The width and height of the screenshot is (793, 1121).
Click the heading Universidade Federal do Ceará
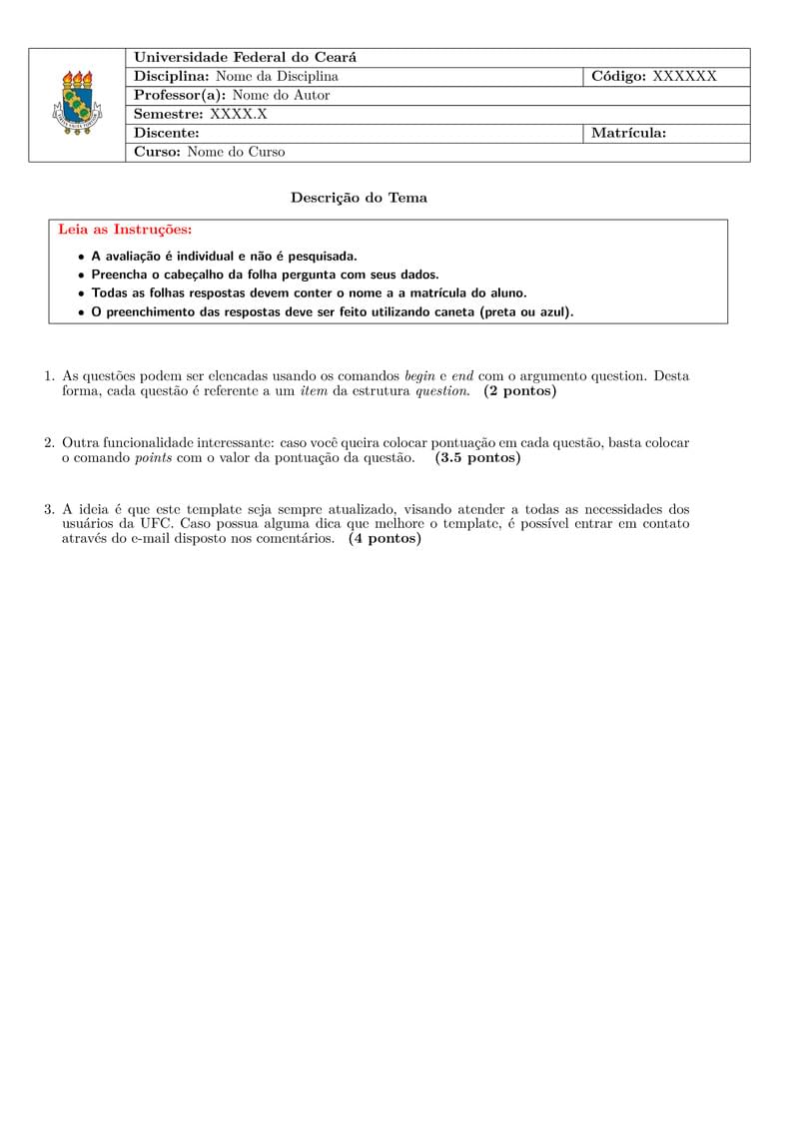tap(245, 58)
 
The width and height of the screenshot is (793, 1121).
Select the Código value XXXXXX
tap(684, 77)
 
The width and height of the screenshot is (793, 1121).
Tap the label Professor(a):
tap(181, 96)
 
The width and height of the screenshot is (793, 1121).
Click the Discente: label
tap(167, 133)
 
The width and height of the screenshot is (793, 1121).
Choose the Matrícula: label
tap(628, 133)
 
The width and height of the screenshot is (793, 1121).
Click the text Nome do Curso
tap(236, 153)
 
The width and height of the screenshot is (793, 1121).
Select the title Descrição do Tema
tap(359, 198)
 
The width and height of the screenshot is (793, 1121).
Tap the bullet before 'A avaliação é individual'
tap(81, 257)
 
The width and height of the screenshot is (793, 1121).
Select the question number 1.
tap(48, 376)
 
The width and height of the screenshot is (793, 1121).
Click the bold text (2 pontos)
tap(519, 391)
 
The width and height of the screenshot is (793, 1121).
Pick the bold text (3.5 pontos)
tap(477, 458)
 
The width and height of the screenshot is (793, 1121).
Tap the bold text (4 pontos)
tap(385, 539)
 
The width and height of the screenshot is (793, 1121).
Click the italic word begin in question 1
tap(419, 376)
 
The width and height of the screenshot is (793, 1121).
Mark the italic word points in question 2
tap(153, 458)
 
